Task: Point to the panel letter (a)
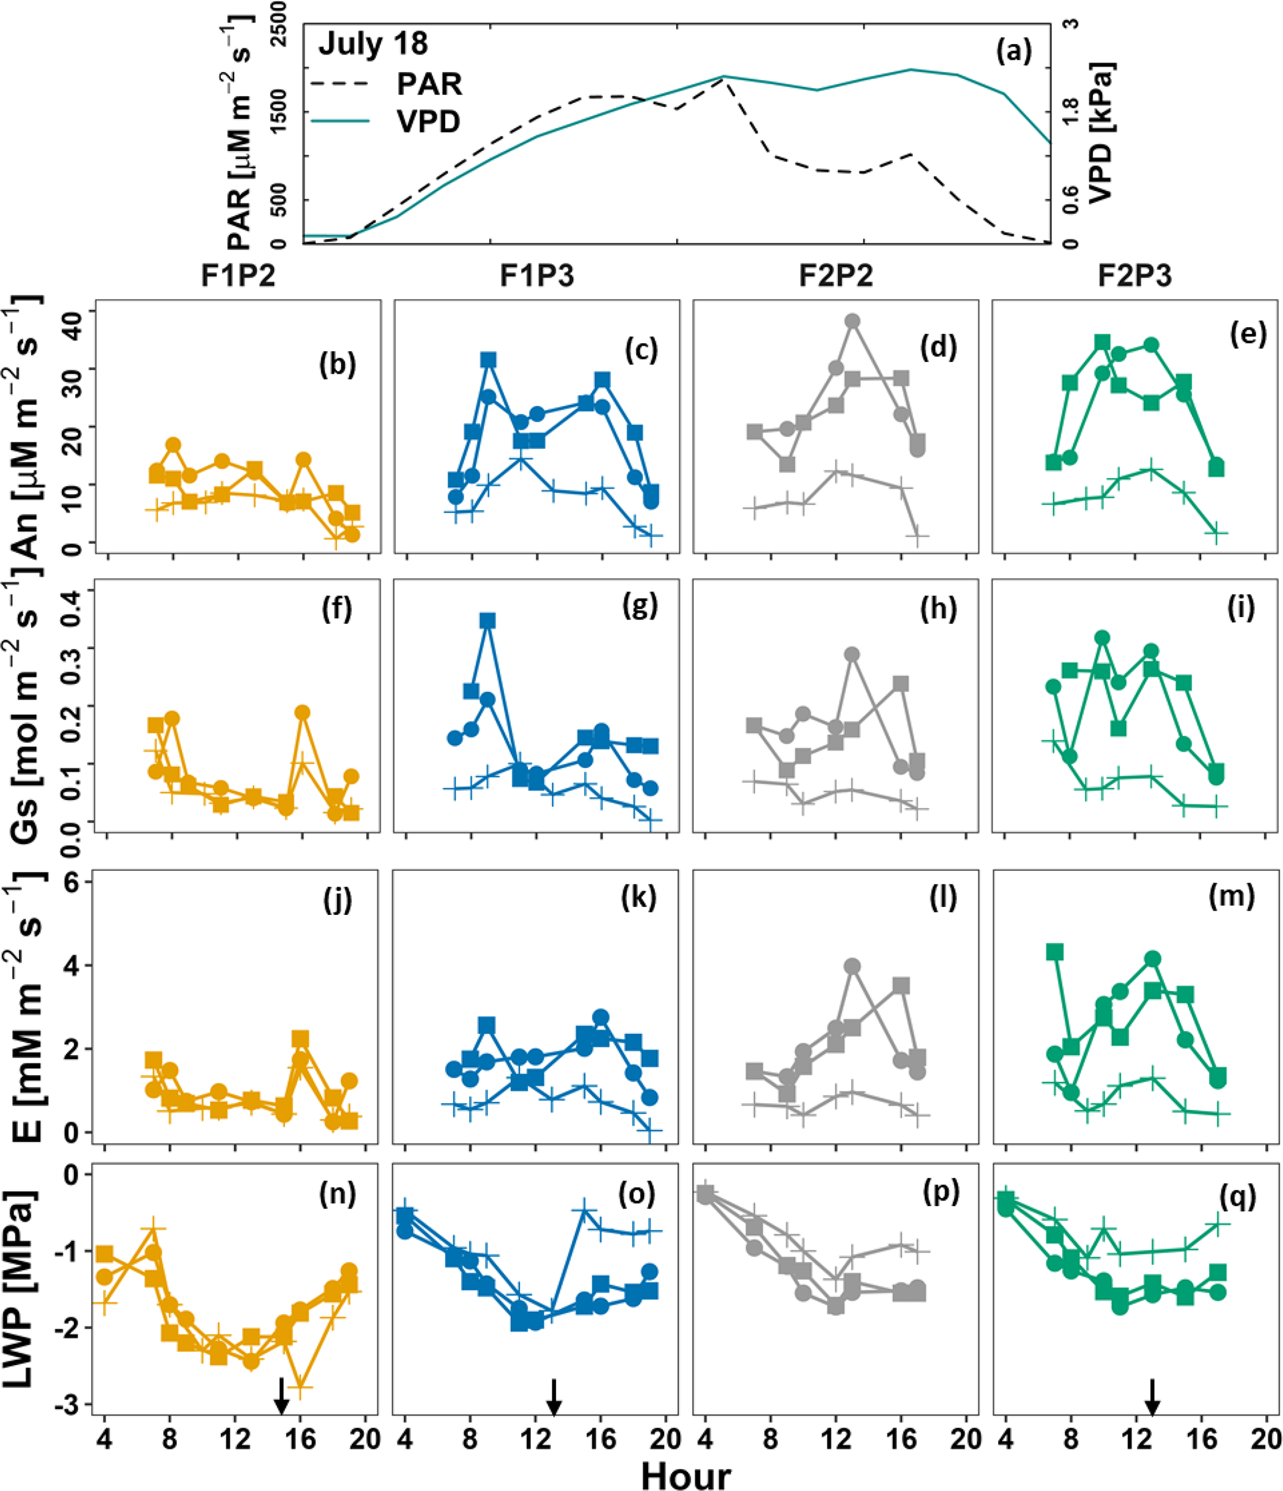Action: pos(1013,51)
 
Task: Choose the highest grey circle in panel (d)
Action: pos(853,322)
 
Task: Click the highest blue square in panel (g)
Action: pos(488,621)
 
